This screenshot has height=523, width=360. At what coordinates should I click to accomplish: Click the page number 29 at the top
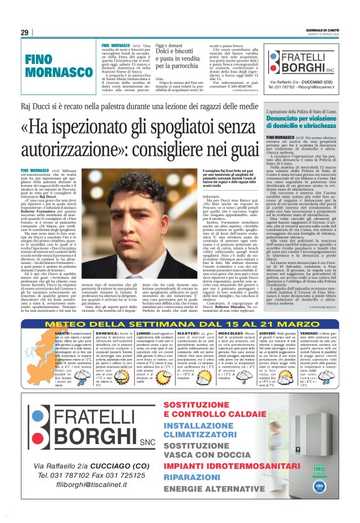pos(24,32)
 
